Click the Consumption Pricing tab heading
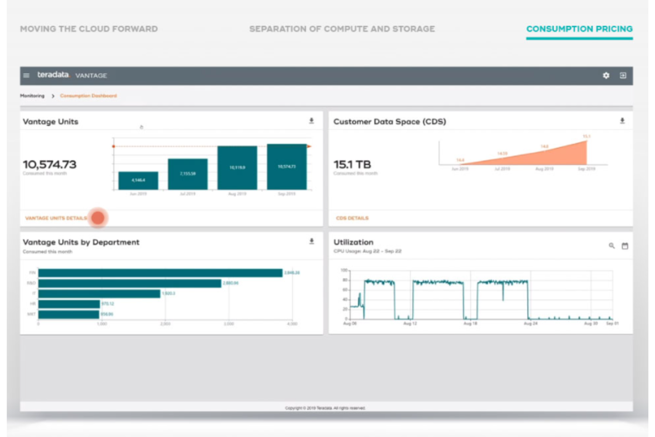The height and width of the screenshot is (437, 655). [579, 29]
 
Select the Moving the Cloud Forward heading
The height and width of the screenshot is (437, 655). [89, 29]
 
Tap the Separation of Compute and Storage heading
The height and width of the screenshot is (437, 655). [342, 29]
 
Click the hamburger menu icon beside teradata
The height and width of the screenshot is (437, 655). [27, 76]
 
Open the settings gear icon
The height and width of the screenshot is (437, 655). [606, 76]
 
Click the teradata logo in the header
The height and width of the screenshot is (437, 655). [53, 75]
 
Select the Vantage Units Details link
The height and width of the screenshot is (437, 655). [56, 218]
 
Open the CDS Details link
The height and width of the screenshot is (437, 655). [352, 218]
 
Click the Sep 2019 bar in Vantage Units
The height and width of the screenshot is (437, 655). [287, 167]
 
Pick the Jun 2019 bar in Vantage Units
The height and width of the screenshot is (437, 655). [138, 180]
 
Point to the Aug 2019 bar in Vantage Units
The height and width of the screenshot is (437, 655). [237, 168]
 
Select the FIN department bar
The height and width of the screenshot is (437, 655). [160, 273]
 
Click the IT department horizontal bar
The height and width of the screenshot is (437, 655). [99, 294]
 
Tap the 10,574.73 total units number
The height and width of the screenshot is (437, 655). [50, 165]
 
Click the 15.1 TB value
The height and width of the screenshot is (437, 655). [352, 165]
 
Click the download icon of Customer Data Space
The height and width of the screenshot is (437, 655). [622, 121]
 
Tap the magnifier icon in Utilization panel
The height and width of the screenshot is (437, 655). [612, 246]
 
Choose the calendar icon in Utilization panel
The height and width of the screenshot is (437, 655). [625, 246]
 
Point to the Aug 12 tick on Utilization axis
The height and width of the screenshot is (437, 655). [410, 324]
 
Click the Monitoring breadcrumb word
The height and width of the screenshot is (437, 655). [32, 96]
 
